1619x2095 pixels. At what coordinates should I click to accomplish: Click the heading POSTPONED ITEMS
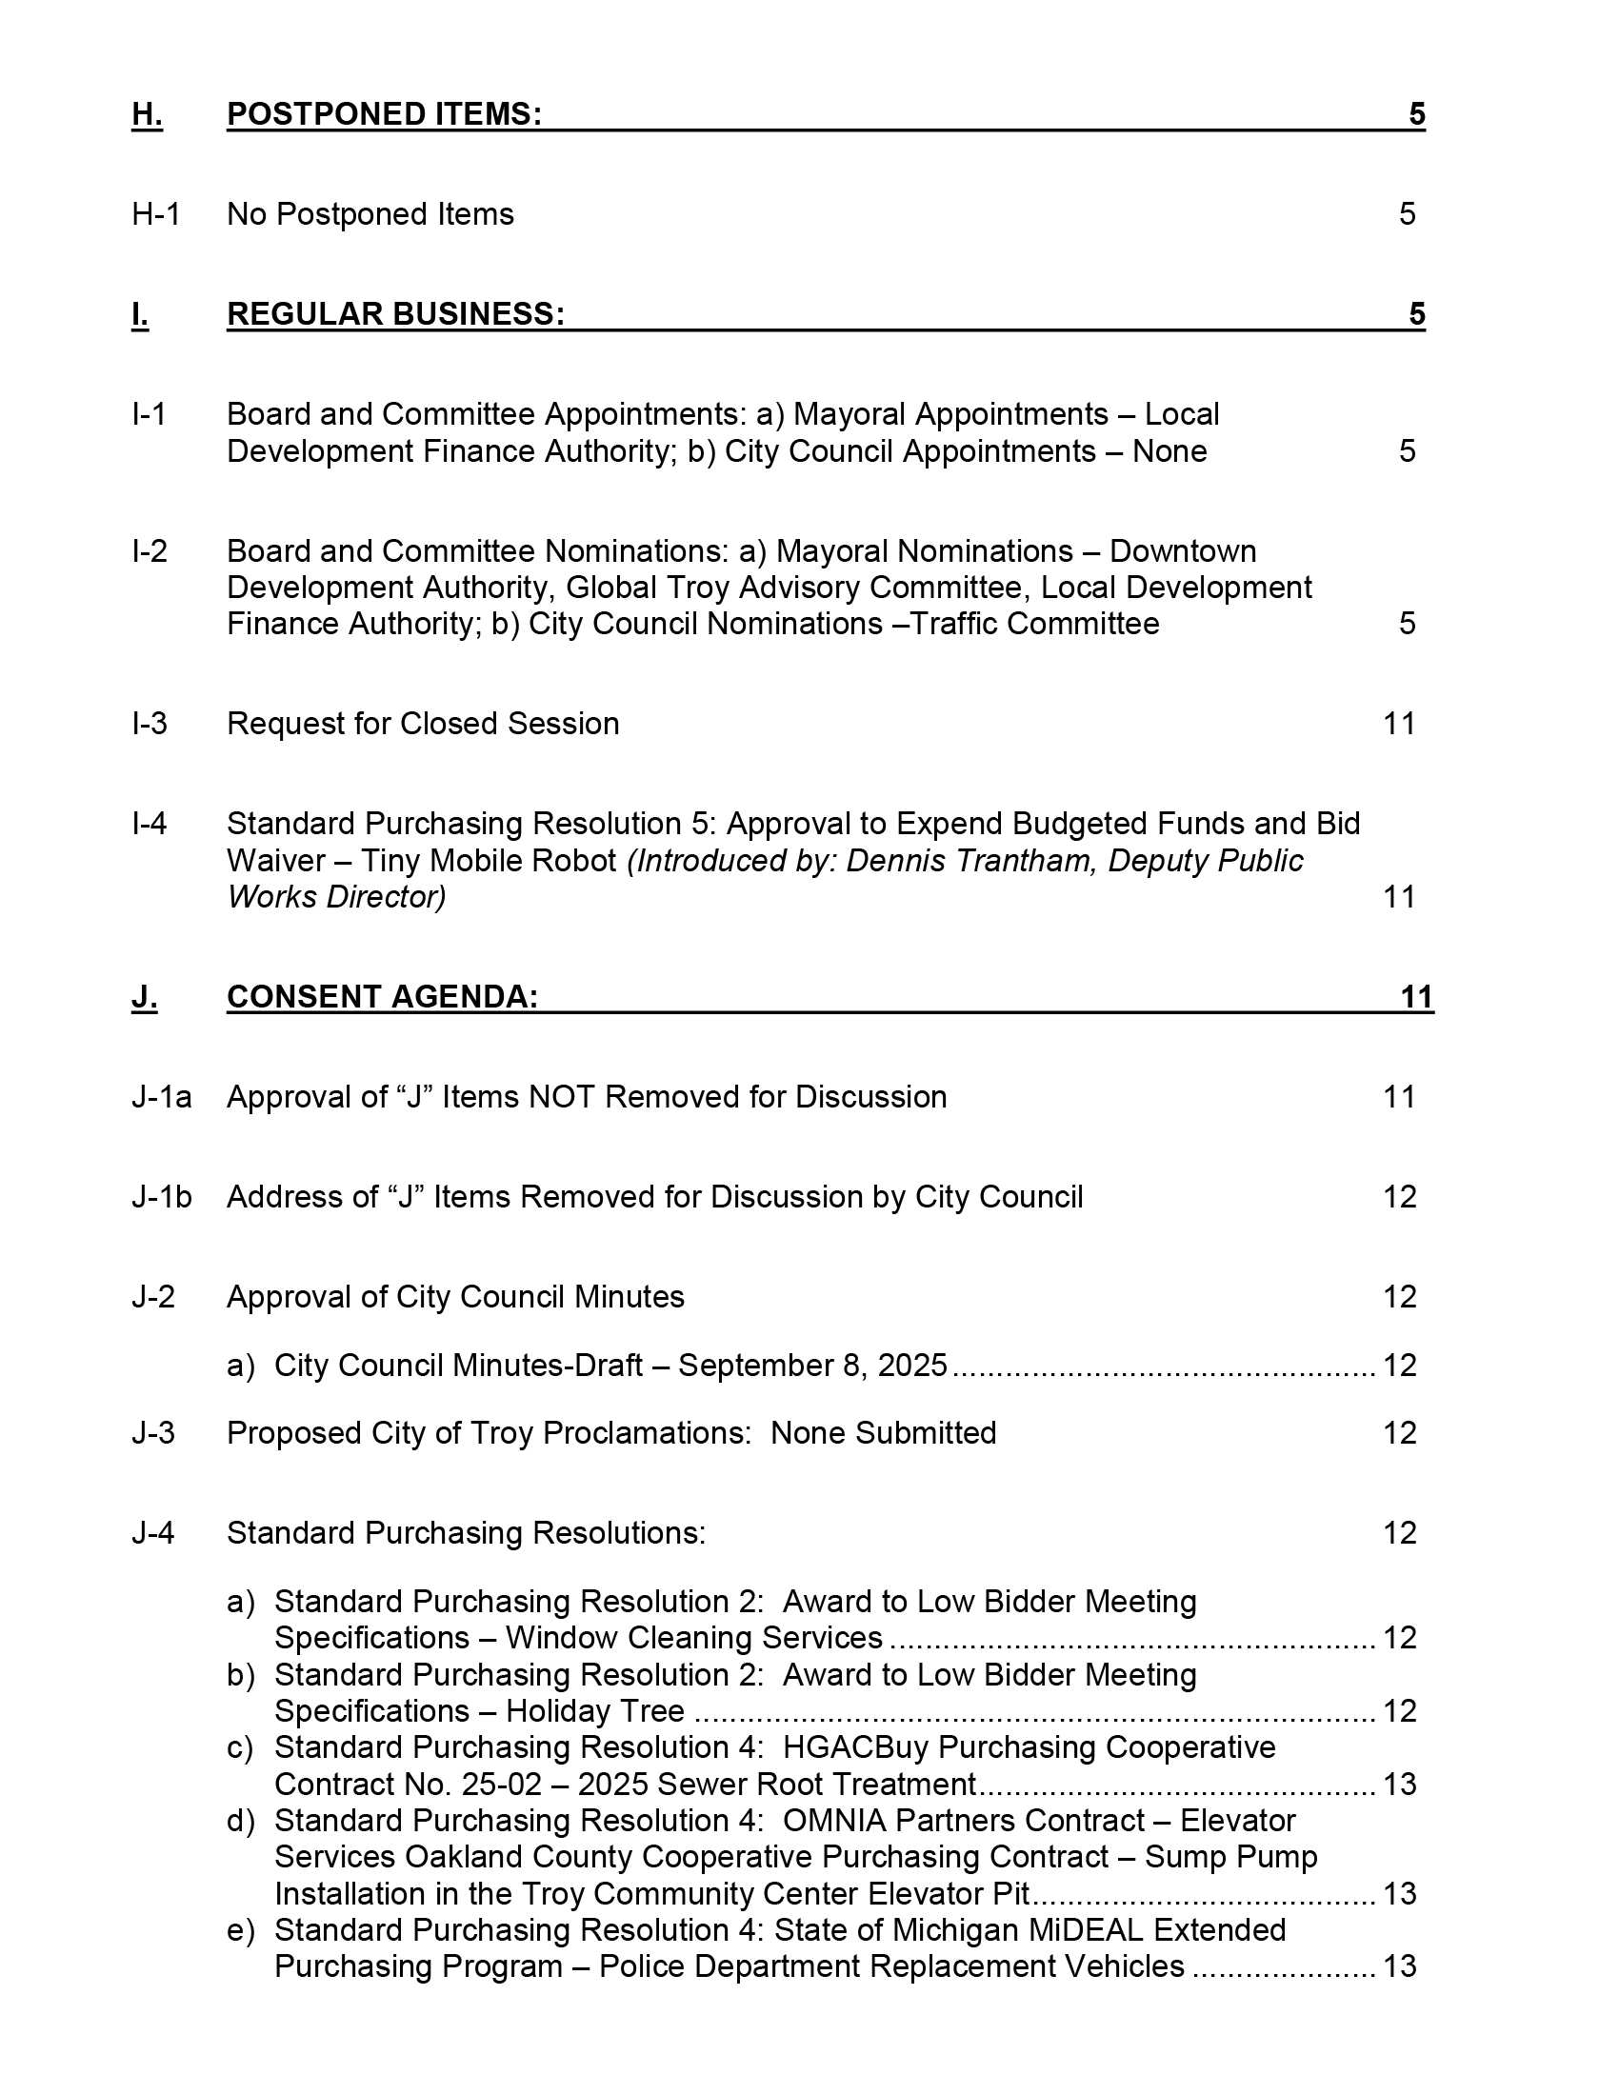tap(384, 114)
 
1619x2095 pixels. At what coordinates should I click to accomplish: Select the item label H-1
tap(155, 214)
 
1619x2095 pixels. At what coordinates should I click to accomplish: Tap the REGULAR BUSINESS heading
tap(395, 313)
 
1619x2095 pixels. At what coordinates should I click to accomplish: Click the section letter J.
tap(144, 997)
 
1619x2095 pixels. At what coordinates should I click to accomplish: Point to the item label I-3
tap(150, 724)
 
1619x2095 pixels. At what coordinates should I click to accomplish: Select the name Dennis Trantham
tap(969, 861)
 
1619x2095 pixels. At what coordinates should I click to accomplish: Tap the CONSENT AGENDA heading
tap(382, 997)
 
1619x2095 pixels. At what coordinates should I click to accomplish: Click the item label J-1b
tap(161, 1197)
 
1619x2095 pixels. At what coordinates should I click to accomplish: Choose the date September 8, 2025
tap(812, 1365)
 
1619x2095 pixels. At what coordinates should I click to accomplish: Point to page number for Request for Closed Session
tap(1399, 724)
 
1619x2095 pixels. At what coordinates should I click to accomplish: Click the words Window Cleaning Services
tap(693, 1638)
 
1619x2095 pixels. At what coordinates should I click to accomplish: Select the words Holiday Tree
tap(594, 1711)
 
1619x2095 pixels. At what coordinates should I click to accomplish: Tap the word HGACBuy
tap(855, 1747)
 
